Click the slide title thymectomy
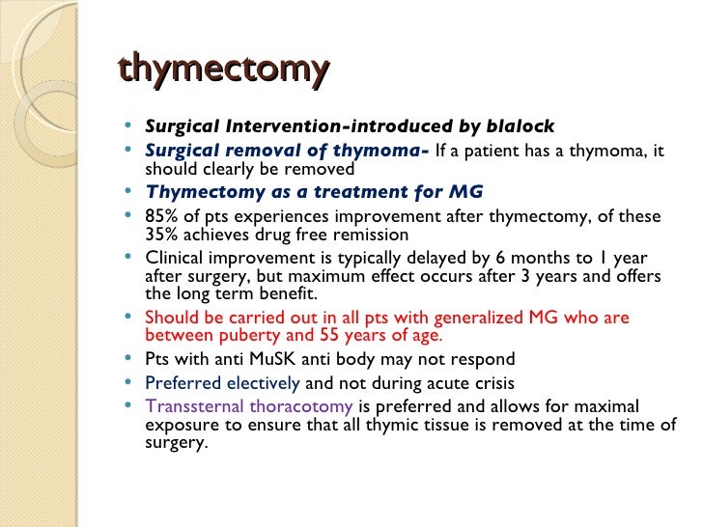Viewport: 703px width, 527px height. coord(224,69)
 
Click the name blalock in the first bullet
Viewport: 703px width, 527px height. coord(520,125)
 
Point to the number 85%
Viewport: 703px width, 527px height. coord(161,216)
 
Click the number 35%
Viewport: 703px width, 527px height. coord(161,235)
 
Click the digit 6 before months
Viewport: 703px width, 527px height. coord(500,258)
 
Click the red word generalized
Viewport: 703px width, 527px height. coord(478,318)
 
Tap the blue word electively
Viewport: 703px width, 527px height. coord(264,383)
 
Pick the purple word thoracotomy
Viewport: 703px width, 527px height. coord(301,407)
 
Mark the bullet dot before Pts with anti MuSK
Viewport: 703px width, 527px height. coord(128,357)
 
